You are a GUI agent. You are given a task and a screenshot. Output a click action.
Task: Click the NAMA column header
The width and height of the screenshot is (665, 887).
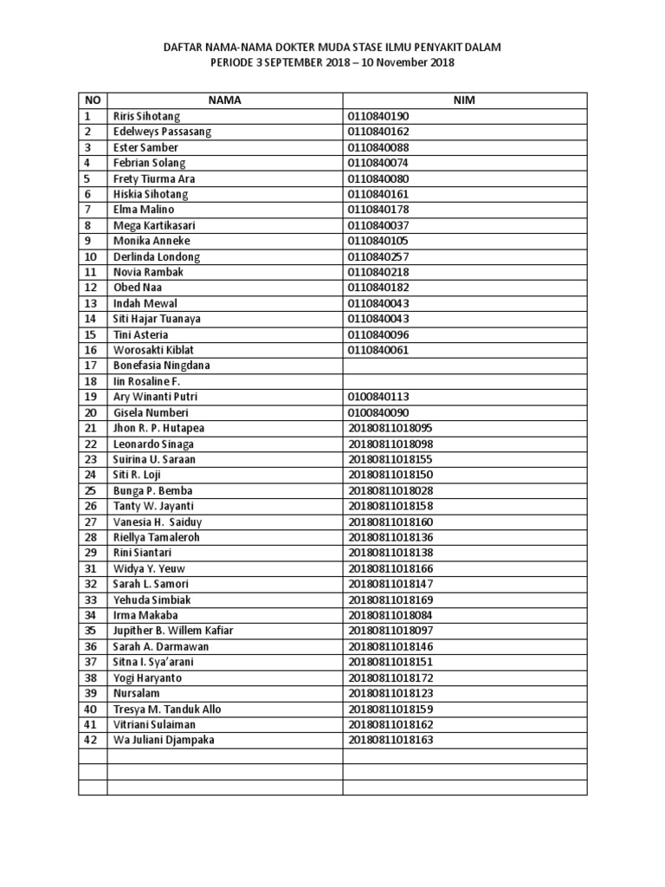click(224, 100)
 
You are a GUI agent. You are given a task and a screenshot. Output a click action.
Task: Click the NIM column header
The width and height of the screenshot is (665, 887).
click(464, 100)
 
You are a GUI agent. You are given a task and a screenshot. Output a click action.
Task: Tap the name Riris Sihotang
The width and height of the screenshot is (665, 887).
click(146, 116)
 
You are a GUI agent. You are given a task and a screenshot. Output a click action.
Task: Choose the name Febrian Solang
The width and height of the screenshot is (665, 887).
click(149, 163)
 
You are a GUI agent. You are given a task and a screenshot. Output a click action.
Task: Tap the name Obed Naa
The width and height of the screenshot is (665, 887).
click(137, 288)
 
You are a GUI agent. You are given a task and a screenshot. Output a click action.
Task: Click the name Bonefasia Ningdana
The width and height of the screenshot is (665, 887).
click(161, 366)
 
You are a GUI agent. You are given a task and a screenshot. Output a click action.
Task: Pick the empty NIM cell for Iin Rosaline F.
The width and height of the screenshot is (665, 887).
click(464, 381)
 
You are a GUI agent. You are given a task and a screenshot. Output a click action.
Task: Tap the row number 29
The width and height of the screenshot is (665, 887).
click(91, 553)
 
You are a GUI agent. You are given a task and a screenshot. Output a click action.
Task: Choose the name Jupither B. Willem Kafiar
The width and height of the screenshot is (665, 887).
click(173, 631)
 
